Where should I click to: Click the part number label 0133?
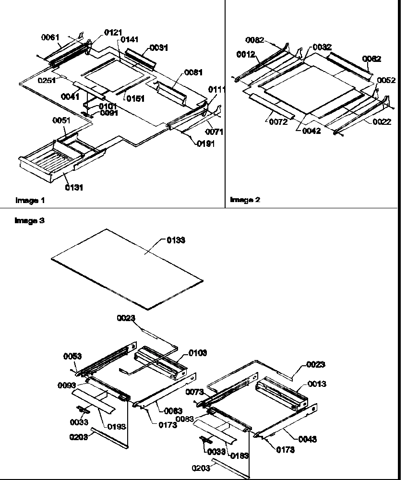pos(176,240)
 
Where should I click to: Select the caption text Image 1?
pos(30,200)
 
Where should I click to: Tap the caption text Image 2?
pos(245,200)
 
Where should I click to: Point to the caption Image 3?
pos(30,221)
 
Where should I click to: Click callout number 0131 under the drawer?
pos(73,188)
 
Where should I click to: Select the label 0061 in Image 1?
pos(50,37)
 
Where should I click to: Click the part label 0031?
pos(158,48)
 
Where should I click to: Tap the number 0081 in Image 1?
pos(193,72)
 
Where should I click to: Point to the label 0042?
pos(311,131)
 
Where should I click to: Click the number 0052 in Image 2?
pos(386,80)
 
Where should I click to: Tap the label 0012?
pos(245,55)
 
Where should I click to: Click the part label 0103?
pos(197,353)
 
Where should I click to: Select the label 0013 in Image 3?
pos(317,384)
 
